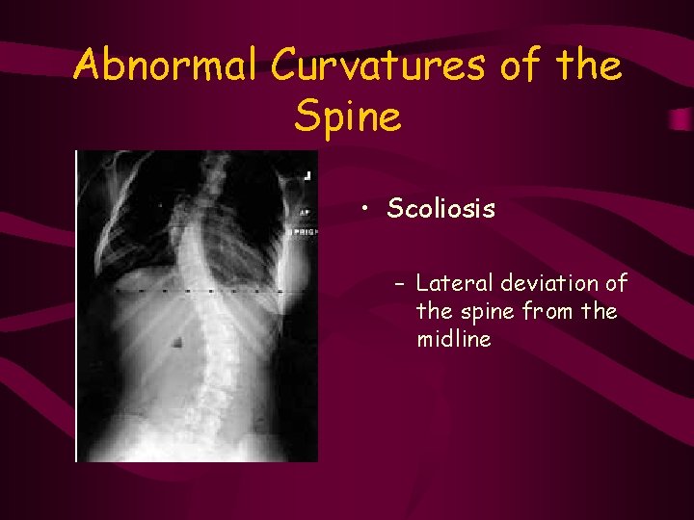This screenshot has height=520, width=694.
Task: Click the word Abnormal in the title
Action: tap(167, 65)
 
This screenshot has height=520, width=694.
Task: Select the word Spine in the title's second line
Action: tap(347, 117)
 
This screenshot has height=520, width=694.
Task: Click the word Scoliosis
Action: tap(440, 209)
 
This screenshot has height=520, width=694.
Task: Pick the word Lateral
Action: tap(450, 284)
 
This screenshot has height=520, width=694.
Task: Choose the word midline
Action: tap(453, 338)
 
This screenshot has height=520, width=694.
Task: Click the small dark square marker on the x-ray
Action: tap(178, 341)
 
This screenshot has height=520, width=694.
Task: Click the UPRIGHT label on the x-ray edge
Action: tap(305, 233)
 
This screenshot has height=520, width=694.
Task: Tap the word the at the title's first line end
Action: tap(587, 65)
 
